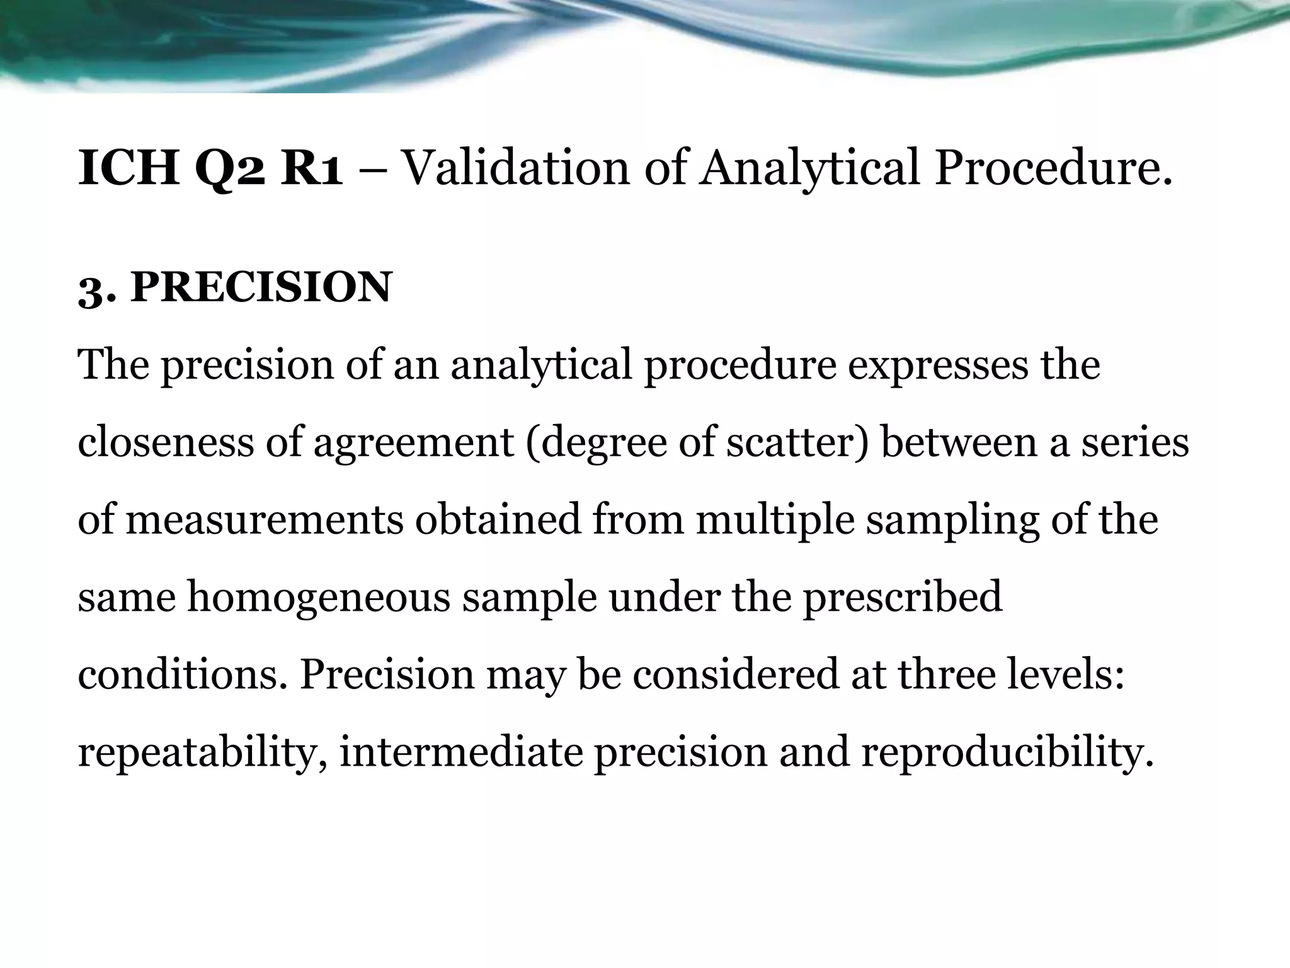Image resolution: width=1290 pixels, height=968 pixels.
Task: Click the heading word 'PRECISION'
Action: [x=261, y=287]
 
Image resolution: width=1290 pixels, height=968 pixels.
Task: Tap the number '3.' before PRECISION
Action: [x=97, y=290]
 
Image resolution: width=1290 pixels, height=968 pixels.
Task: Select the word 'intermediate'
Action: [x=461, y=752]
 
